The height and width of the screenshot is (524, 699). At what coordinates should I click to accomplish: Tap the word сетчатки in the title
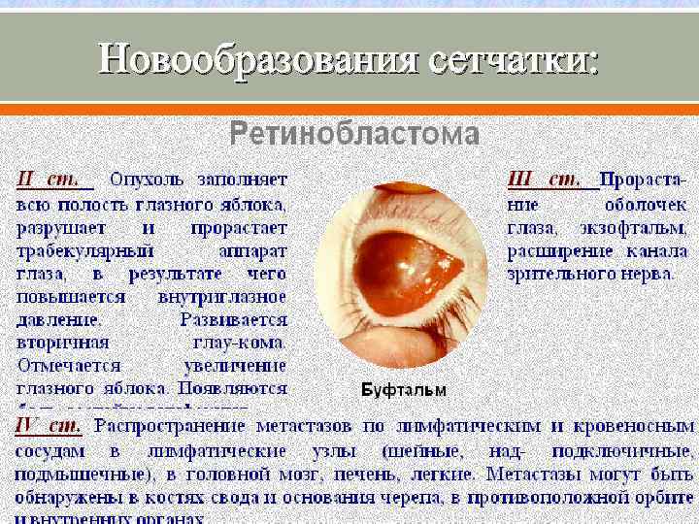pos(510,60)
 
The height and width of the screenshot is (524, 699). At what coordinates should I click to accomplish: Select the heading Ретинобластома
pos(354,134)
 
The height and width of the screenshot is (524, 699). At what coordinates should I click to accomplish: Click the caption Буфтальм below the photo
pos(404,390)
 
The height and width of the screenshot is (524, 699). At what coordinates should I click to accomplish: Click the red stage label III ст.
pos(546,180)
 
